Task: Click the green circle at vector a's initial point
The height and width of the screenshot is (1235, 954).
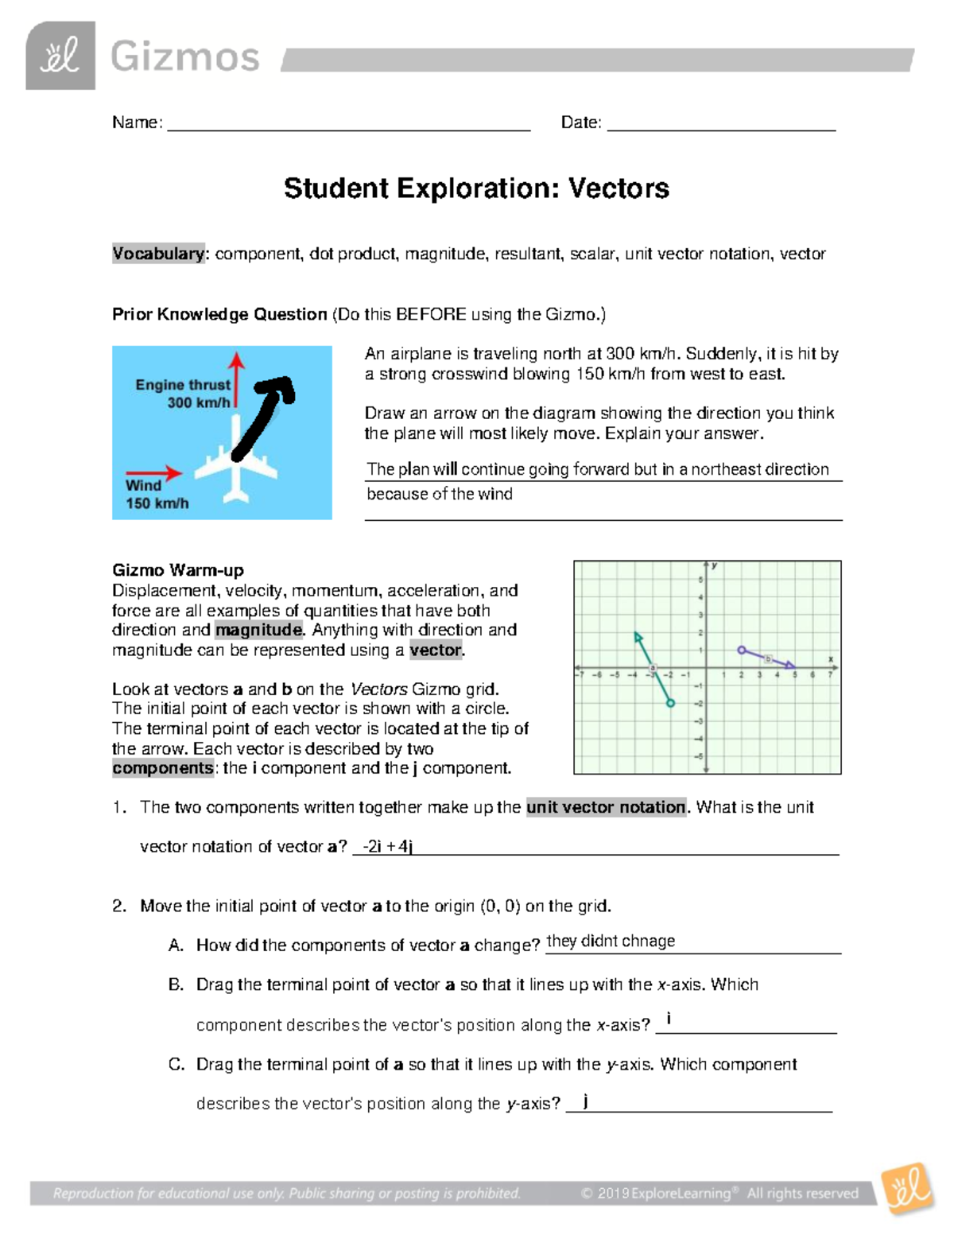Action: coord(670,703)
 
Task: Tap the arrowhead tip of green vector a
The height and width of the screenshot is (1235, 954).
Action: coord(636,635)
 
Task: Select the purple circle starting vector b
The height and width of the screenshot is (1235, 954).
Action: coord(741,650)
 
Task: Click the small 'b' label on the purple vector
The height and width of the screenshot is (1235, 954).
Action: coord(767,658)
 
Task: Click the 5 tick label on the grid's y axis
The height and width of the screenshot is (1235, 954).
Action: coord(700,580)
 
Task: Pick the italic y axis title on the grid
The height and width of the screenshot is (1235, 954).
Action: coord(715,565)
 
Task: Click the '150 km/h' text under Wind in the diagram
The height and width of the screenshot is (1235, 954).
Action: coord(157,503)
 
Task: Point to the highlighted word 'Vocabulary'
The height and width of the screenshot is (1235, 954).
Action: coord(158,254)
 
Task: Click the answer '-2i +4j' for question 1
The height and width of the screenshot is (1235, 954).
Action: coord(387,846)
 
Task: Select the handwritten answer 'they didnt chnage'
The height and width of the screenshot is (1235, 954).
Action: coord(611,941)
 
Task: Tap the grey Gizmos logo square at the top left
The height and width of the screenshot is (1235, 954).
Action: coord(60,56)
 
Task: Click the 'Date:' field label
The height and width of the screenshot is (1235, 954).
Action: coord(581,122)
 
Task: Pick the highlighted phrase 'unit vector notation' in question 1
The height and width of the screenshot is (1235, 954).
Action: coord(606,807)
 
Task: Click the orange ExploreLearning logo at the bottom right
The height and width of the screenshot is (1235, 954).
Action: coord(908,1189)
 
